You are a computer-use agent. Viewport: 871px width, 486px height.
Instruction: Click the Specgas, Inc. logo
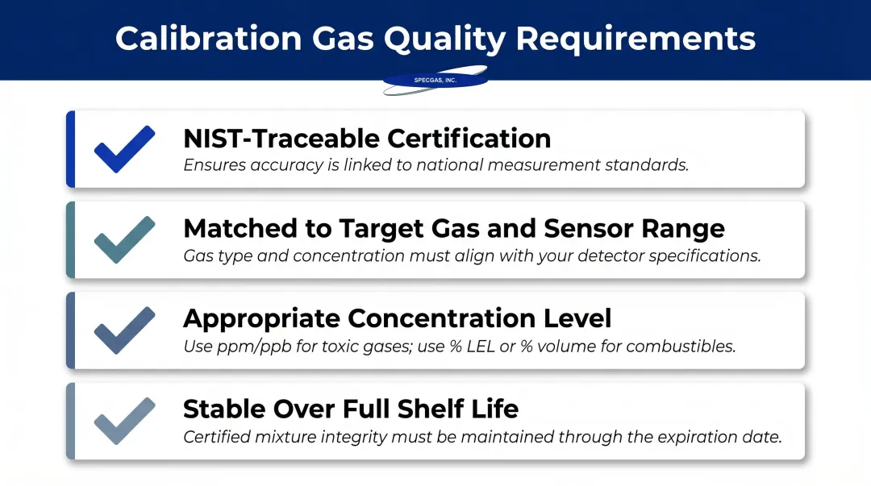click(x=435, y=80)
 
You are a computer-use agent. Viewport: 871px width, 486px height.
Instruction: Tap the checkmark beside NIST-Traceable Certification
click(x=124, y=148)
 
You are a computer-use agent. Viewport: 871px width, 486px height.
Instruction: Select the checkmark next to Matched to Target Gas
click(x=124, y=239)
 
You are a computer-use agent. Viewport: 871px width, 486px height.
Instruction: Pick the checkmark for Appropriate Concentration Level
click(x=124, y=330)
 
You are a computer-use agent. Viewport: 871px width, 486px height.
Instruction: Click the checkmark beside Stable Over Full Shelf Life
click(x=124, y=420)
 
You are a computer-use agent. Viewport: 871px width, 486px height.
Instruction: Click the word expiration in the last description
click(x=703, y=438)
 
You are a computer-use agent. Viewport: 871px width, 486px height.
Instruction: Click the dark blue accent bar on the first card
click(x=71, y=149)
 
